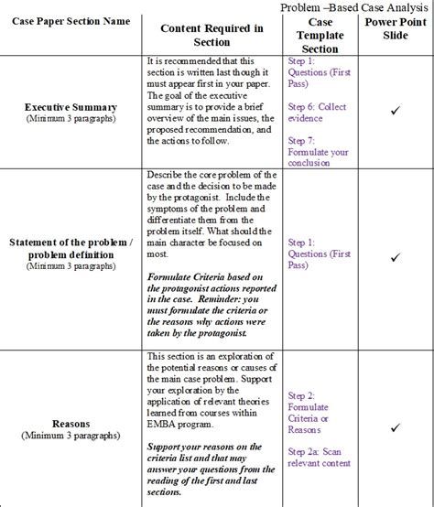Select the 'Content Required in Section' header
(212, 35)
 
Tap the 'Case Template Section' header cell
(320, 35)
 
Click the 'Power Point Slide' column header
(396, 28)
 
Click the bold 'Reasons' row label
(71, 424)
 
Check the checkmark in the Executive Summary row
(396, 111)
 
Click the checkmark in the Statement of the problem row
(396, 258)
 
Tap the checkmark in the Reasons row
(396, 427)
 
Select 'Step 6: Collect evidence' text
(318, 112)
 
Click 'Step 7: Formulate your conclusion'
(318, 152)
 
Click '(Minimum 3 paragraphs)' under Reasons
(71, 436)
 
